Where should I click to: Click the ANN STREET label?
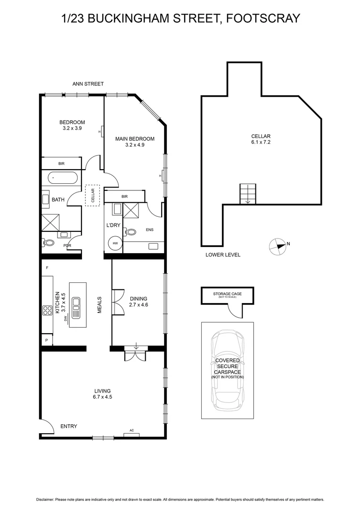tap(88, 84)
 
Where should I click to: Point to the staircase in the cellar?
tap(248, 194)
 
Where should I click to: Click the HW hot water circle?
tap(115, 244)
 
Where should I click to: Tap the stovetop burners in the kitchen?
tap(48, 310)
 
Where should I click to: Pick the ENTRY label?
tap(69, 427)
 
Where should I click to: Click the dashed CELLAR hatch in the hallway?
tap(92, 195)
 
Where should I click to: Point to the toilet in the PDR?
tap(49, 243)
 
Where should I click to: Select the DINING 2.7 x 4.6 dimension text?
tap(139, 304)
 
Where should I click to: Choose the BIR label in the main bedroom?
tap(124, 196)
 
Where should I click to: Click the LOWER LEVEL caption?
tap(223, 255)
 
